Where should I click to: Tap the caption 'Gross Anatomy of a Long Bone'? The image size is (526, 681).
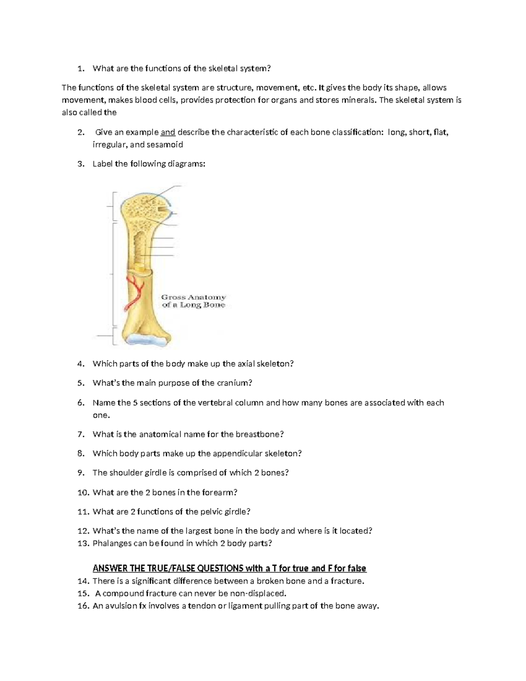(x=193, y=301)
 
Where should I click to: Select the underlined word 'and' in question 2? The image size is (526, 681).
(x=168, y=132)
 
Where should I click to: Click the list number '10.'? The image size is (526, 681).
(x=83, y=492)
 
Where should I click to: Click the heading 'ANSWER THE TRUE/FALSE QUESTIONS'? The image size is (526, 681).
(x=168, y=568)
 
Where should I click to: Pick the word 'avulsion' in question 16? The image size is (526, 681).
(x=120, y=606)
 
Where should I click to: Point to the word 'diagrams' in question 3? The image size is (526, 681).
(x=188, y=164)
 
